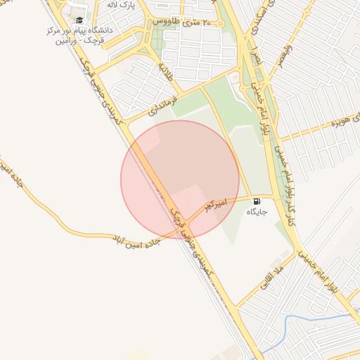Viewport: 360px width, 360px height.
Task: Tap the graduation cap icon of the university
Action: pyautogui.click(x=79, y=21)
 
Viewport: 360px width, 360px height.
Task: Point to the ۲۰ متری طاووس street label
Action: pyautogui.click(x=186, y=22)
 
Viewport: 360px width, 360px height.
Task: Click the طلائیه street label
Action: pyautogui.click(x=165, y=70)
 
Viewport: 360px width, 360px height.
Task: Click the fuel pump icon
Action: pyautogui.click(x=255, y=200)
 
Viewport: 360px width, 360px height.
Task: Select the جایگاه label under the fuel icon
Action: pyautogui.click(x=255, y=211)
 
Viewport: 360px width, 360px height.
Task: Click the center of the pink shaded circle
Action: pyautogui.click(x=180, y=179)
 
